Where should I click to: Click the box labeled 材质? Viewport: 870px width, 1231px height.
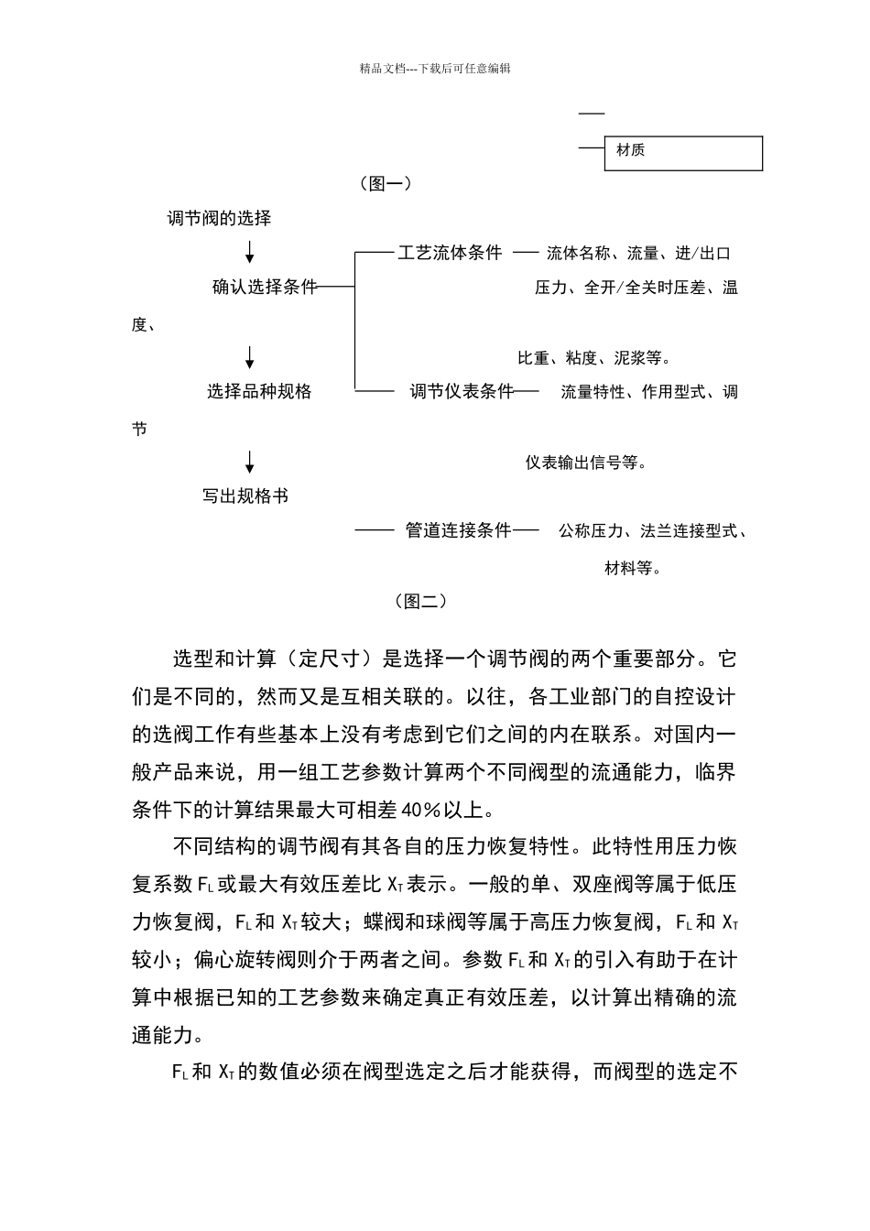pos(682,153)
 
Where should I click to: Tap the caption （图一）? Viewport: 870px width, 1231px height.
pos(385,183)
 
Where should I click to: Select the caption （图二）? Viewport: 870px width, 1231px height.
pos(420,601)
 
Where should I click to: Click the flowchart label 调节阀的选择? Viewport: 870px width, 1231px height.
pos(219,218)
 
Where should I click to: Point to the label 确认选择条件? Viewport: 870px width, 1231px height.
pos(264,287)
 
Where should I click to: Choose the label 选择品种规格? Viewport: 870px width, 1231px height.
pos(259,392)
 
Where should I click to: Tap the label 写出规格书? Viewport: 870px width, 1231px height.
pos(245,496)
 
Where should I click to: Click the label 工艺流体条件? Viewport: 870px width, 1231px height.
pos(450,253)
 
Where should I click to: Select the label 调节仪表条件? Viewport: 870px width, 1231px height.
pos(461,392)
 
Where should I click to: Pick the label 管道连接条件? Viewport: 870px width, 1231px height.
pos(458,530)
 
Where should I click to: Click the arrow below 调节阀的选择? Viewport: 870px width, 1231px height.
pos(250,252)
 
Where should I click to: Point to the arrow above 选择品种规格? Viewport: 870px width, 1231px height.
pos(250,357)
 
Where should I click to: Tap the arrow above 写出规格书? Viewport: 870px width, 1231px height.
pos(250,462)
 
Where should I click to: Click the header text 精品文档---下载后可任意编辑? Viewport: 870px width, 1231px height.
pos(435,68)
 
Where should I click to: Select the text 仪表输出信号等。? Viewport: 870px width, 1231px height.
pos(587,463)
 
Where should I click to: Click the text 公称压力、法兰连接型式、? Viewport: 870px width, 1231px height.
pos(653,531)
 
